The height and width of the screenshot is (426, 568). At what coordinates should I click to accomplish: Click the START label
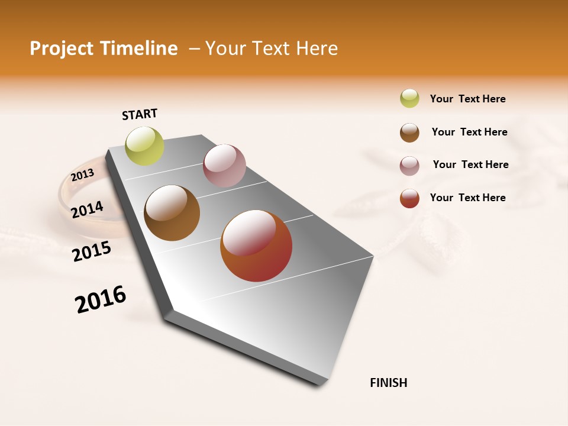coord(140,114)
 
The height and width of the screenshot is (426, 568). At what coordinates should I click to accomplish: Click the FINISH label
coord(388,383)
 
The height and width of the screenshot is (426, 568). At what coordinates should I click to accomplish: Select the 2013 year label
coord(82,175)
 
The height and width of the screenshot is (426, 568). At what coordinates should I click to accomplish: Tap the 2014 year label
coord(87,210)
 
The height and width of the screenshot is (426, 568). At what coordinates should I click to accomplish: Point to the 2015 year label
coord(92,251)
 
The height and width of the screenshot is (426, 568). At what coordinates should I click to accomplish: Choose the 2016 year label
coord(101,299)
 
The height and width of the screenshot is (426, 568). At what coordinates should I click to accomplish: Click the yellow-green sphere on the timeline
coord(145,146)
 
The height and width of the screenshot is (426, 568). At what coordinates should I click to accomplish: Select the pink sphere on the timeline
coord(224,166)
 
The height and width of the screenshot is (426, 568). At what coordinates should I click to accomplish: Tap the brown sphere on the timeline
coord(172,213)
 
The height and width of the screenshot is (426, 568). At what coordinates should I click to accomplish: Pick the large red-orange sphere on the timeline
coord(256,246)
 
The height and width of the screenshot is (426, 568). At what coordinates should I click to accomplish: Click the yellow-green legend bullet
coord(409,98)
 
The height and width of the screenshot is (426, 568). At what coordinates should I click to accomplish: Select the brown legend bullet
coord(409,133)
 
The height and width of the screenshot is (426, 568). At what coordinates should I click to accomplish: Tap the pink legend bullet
coord(409,166)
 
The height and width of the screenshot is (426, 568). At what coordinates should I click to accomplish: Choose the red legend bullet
coord(409,198)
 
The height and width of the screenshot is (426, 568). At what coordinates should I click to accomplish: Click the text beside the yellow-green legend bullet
coord(467,99)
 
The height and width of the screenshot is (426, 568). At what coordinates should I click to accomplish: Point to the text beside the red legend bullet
coord(467,198)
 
